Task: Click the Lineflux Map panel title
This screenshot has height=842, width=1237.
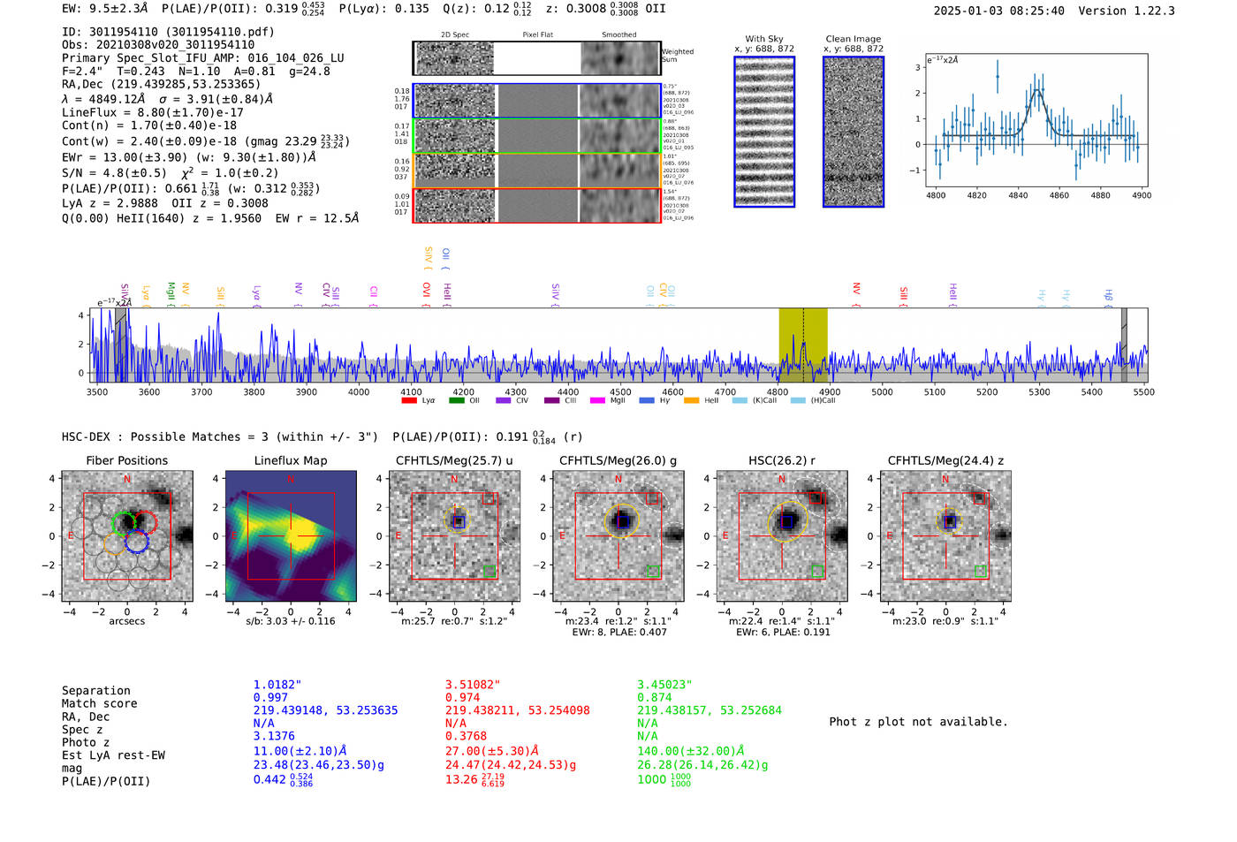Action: [x=290, y=460]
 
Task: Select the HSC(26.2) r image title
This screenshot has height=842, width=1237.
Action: [x=781, y=460]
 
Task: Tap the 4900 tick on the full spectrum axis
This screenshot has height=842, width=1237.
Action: [x=829, y=392]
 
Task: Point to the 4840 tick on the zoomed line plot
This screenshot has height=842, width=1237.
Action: [x=1018, y=195]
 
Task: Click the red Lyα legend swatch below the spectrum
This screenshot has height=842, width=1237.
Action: [x=409, y=400]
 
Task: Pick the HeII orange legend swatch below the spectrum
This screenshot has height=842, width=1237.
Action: [x=691, y=400]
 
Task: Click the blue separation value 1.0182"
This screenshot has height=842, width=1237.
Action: [x=277, y=685]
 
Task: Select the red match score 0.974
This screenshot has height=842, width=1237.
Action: [x=463, y=697]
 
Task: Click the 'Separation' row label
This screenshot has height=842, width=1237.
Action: [x=96, y=691]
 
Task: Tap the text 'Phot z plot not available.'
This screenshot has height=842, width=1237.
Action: [x=918, y=722]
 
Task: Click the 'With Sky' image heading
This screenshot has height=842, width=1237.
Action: [x=764, y=39]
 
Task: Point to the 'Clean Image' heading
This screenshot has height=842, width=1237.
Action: [x=853, y=39]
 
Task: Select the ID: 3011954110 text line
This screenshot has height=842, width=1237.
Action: [x=168, y=32]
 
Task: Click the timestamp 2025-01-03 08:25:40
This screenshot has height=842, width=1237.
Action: [x=998, y=11]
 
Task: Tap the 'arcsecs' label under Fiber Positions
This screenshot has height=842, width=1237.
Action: [x=127, y=621]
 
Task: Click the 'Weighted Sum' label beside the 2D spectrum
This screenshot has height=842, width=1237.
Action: [x=677, y=56]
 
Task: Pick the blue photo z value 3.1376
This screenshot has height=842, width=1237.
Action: [x=274, y=736]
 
